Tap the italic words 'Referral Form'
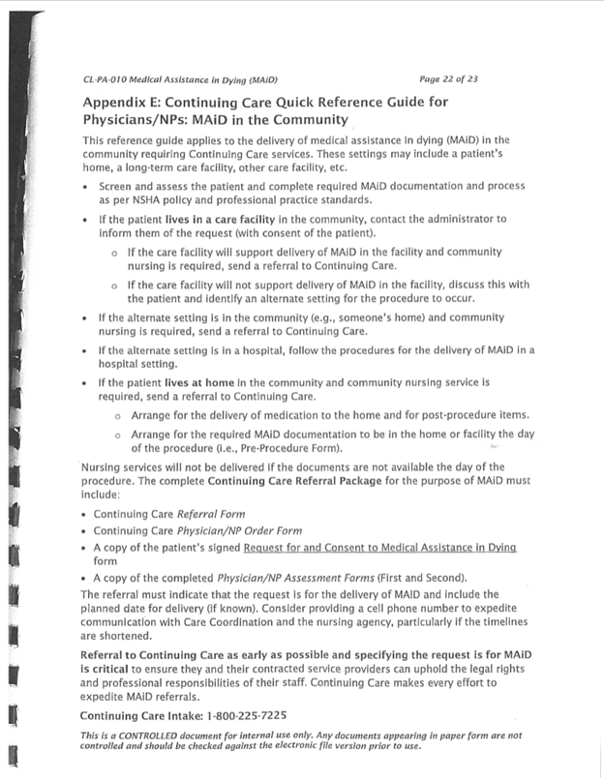210,514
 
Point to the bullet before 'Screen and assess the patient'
88,185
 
